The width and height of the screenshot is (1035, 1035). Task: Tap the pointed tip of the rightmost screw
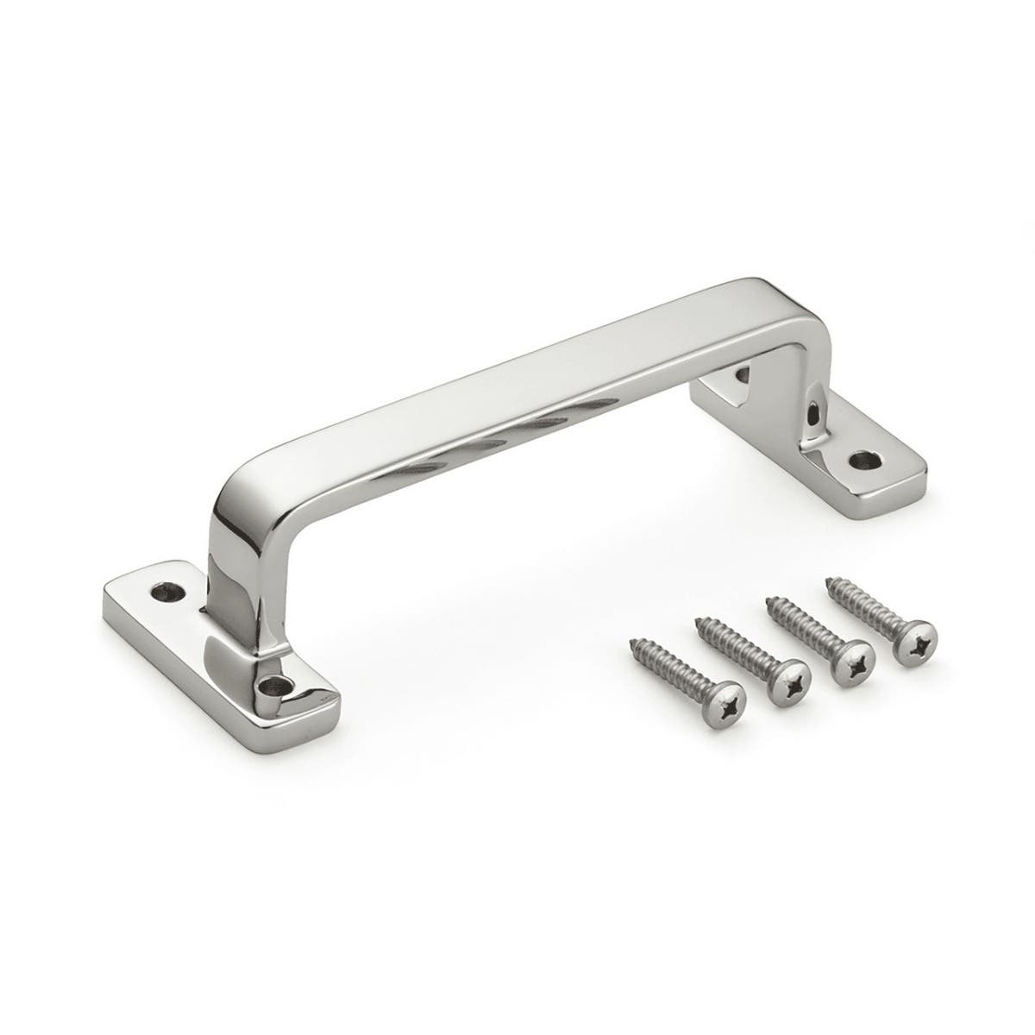click(830, 580)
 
